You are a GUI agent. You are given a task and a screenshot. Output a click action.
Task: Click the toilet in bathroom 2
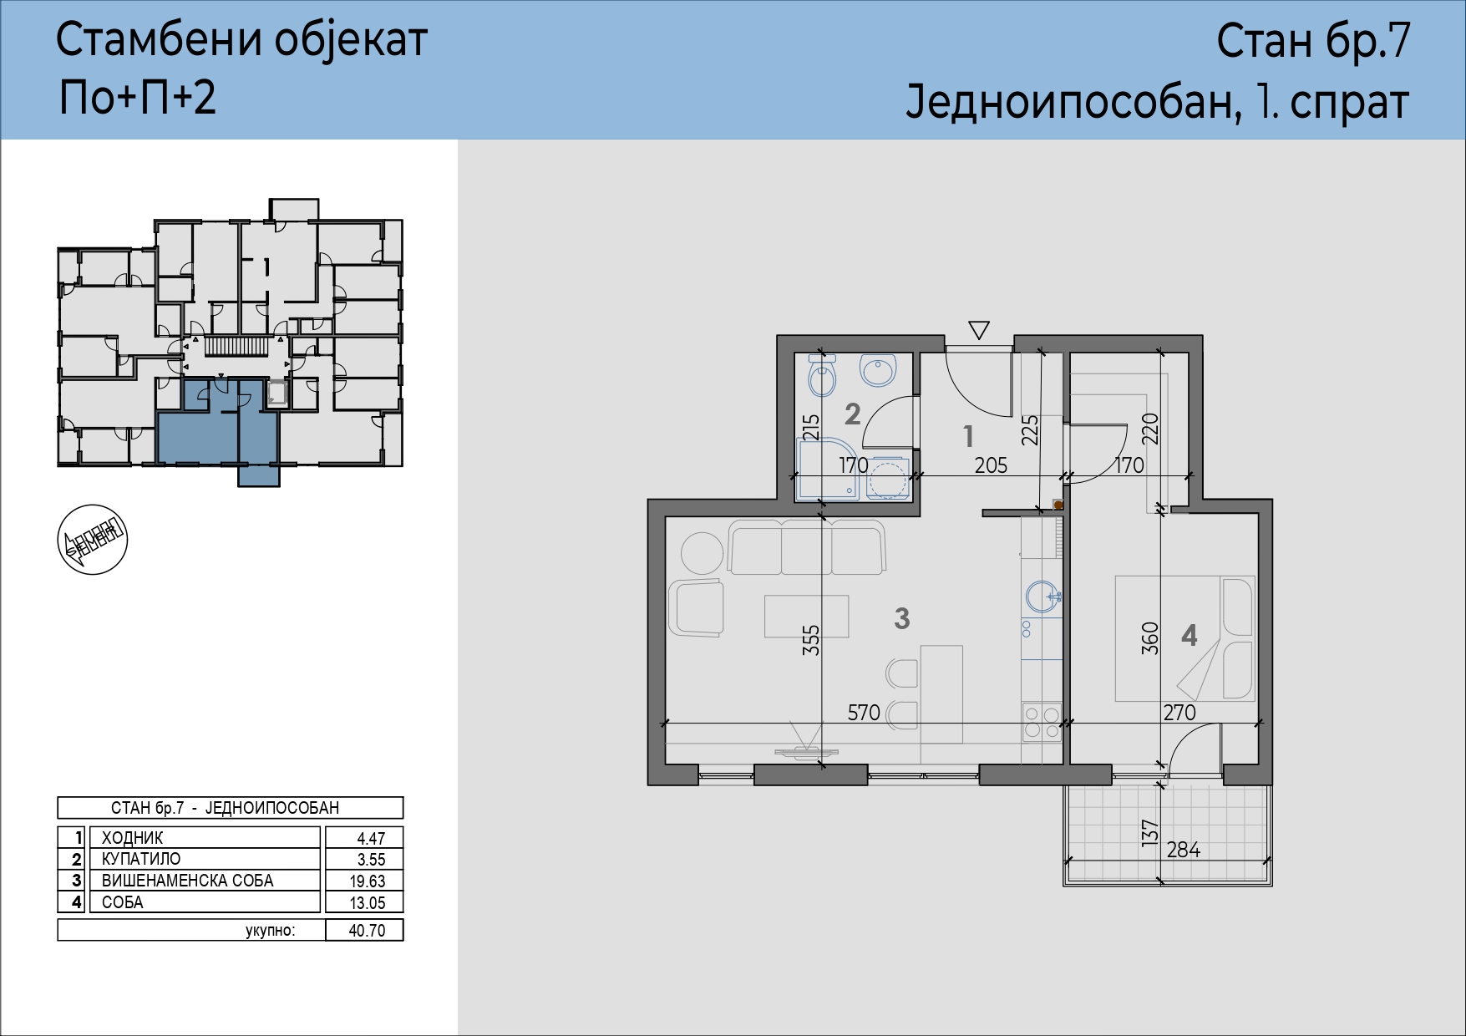[x=823, y=377]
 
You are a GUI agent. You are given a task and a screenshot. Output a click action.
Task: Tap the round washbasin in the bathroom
[x=878, y=369]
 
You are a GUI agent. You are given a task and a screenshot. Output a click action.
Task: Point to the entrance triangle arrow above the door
[x=979, y=330]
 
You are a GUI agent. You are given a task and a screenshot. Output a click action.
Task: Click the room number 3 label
[x=901, y=618]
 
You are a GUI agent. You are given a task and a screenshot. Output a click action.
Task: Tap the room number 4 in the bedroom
[x=1190, y=636]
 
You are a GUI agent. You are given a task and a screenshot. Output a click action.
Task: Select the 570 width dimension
[x=864, y=712]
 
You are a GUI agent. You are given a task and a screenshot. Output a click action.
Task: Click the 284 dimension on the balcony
[x=1184, y=850]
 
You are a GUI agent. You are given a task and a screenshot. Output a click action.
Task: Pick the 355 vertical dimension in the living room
[x=811, y=640]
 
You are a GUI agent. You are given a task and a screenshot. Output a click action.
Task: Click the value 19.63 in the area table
[x=366, y=881]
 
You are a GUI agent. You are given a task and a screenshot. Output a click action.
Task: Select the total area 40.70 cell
[x=366, y=930]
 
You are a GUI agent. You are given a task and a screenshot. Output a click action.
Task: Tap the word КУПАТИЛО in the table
[x=141, y=859]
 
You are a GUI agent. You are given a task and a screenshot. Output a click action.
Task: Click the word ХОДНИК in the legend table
[x=133, y=838]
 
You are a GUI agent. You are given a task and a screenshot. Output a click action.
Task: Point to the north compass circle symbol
[x=93, y=540]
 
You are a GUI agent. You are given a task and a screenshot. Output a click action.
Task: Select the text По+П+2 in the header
[x=138, y=97]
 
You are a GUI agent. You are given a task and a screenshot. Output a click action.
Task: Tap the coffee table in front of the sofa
[x=806, y=616]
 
